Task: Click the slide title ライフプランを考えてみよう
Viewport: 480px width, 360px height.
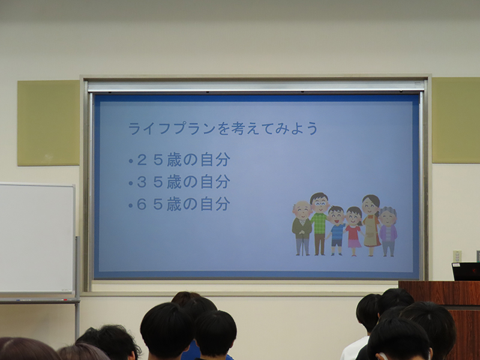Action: coord(223,128)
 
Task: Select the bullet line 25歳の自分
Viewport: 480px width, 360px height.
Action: coord(179,160)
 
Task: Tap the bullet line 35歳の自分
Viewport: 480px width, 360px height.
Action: coord(179,182)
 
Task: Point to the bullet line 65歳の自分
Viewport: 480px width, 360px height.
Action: coord(179,204)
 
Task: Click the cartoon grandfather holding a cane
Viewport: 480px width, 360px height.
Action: coord(302,228)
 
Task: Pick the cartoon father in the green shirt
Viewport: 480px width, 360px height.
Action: coord(319,224)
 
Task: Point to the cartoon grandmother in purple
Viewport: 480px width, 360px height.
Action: coord(388,232)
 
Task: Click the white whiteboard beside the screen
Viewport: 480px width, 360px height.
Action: coord(37,238)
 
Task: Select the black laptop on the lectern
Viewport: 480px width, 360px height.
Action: coord(466,272)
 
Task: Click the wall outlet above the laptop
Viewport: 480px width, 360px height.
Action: coord(457,256)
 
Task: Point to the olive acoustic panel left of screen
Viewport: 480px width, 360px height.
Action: coord(49,123)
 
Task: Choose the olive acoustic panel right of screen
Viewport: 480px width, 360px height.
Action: coord(456,120)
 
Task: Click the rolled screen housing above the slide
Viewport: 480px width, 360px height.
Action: coord(256,86)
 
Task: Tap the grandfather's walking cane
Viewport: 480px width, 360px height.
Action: coord(303,244)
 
